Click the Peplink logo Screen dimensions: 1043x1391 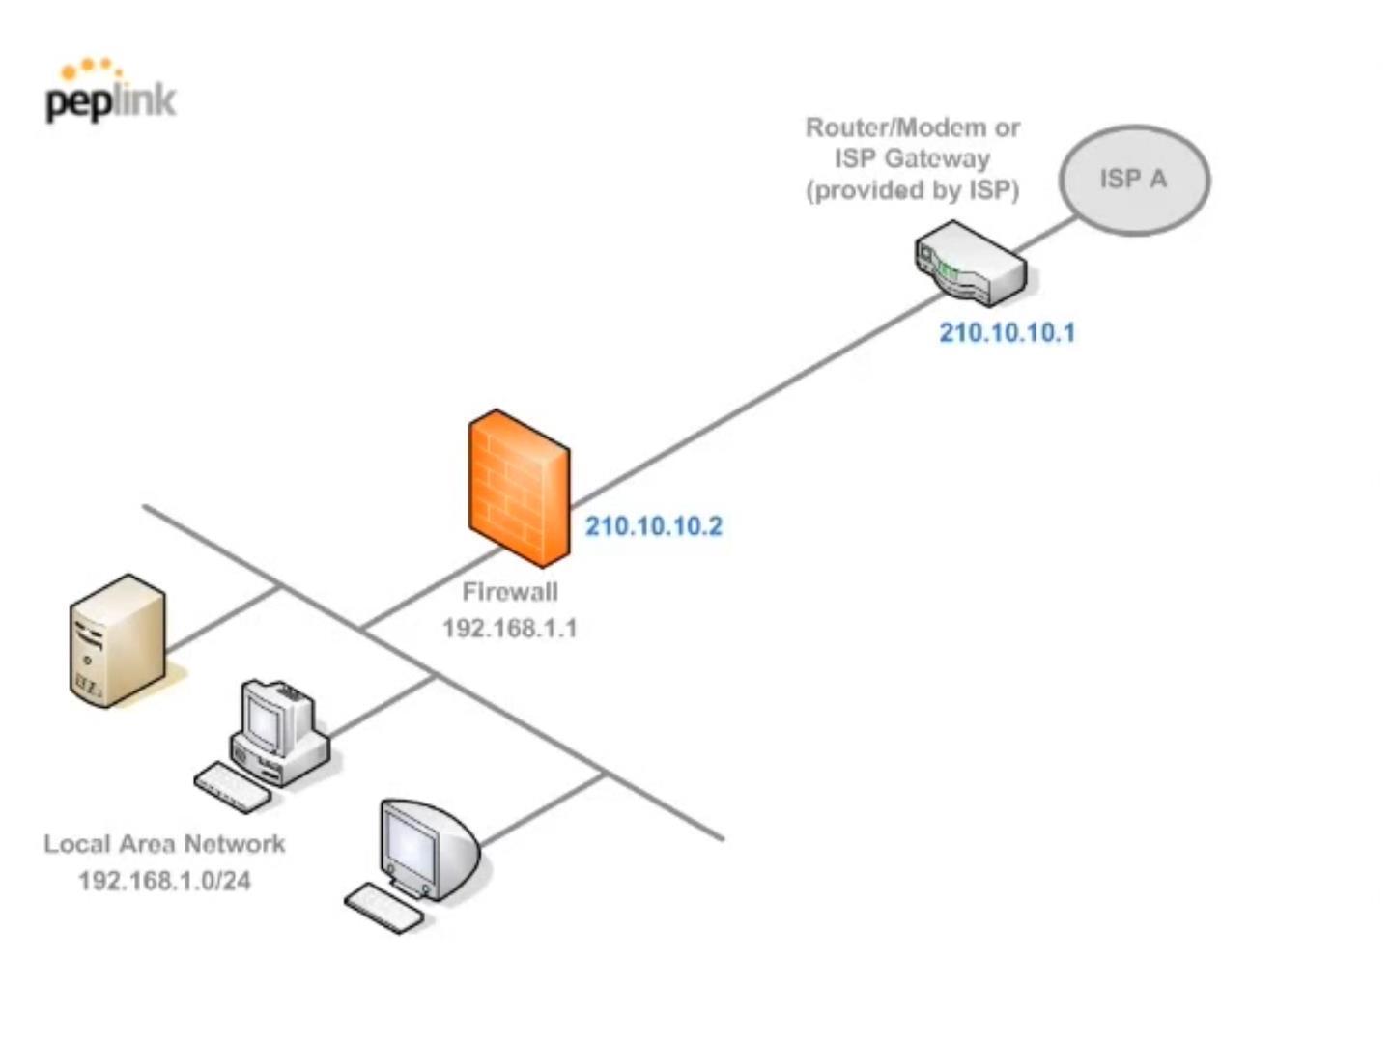point(110,93)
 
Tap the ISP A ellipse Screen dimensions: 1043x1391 point(1134,180)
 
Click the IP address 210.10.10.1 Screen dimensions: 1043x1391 point(1007,333)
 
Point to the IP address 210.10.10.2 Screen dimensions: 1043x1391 point(654,526)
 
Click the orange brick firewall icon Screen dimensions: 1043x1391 point(519,488)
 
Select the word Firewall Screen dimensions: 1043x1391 point(510,592)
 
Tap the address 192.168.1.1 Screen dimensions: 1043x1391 point(510,629)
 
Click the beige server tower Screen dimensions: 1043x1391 point(117,640)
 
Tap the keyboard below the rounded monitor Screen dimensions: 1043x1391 point(384,909)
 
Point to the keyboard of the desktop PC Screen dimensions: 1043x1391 point(232,787)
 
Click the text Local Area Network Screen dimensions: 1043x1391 point(164,844)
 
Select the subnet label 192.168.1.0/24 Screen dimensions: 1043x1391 point(164,881)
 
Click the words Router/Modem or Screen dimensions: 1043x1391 point(912,127)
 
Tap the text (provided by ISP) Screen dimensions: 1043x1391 point(912,190)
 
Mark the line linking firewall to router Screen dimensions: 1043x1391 point(753,396)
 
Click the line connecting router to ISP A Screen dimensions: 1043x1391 point(1048,234)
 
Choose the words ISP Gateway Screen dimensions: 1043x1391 point(912,158)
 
